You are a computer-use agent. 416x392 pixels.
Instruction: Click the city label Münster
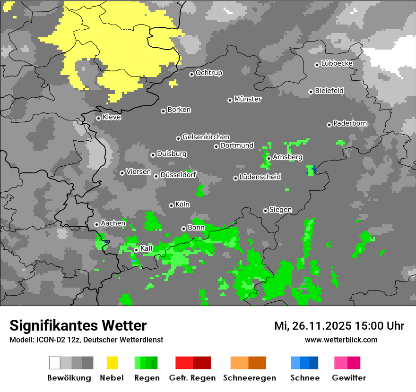pyautogui.click(x=248, y=99)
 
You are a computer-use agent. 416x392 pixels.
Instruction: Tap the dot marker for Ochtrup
pyautogui.click(x=191, y=74)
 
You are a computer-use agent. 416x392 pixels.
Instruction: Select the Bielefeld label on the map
pyautogui.click(x=329, y=90)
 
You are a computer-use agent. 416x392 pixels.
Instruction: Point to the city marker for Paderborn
pyautogui.click(x=329, y=125)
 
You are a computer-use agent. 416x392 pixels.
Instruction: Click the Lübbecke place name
pyautogui.click(x=337, y=63)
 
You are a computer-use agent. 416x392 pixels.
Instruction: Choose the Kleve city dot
pyautogui.click(x=98, y=118)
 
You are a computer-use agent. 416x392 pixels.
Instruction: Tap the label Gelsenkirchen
pyautogui.click(x=206, y=137)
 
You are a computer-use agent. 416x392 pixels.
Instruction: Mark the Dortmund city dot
pyautogui.click(x=216, y=146)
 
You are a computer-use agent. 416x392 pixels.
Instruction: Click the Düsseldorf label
pyautogui.click(x=178, y=175)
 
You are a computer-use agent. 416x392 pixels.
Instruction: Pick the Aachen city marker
pyautogui.click(x=96, y=224)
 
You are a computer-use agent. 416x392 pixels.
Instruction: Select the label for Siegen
pyautogui.click(x=280, y=209)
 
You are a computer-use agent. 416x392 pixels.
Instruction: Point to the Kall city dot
pyautogui.click(x=136, y=250)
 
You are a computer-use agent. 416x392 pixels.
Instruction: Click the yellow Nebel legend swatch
pyautogui.click(x=113, y=363)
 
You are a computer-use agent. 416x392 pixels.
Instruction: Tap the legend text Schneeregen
pyautogui.click(x=250, y=378)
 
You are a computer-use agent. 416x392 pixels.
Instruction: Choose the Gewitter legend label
pyautogui.click(x=349, y=378)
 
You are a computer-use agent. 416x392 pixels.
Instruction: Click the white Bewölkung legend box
pyautogui.click(x=55, y=363)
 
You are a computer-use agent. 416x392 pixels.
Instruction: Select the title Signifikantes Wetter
pyautogui.click(x=78, y=325)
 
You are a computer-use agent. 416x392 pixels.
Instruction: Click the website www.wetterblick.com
pyautogui.click(x=341, y=340)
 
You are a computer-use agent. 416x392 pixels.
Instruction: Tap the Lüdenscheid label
pyautogui.click(x=260, y=177)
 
